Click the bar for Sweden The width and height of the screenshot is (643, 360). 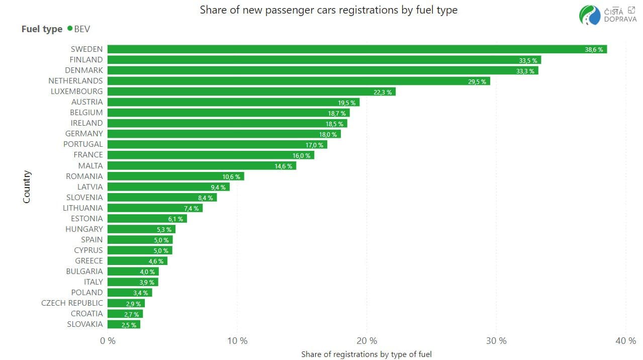[x=357, y=49]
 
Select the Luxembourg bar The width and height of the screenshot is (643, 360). [x=251, y=92]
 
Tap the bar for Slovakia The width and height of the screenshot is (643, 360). [x=124, y=324]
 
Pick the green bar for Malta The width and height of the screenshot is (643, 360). [x=201, y=165]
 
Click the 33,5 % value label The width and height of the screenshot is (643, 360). [x=528, y=60]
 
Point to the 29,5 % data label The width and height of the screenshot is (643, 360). [x=477, y=81]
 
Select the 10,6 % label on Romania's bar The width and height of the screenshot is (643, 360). [x=231, y=176]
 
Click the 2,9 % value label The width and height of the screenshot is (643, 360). [x=133, y=304]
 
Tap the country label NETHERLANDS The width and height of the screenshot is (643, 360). [x=75, y=81]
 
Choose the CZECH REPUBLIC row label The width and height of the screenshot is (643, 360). [x=72, y=303]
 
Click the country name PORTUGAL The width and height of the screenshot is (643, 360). [x=83, y=144]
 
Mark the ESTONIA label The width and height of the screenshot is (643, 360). [x=86, y=219]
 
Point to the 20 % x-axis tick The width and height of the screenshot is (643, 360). [x=366, y=341]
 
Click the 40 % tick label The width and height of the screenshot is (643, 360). [x=625, y=341]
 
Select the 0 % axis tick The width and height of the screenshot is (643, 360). [x=108, y=341]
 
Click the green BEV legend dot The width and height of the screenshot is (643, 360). [x=69, y=29]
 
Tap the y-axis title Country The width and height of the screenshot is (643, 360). [x=27, y=187]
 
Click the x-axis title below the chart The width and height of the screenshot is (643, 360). [x=366, y=354]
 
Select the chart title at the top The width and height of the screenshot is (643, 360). [x=328, y=10]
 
